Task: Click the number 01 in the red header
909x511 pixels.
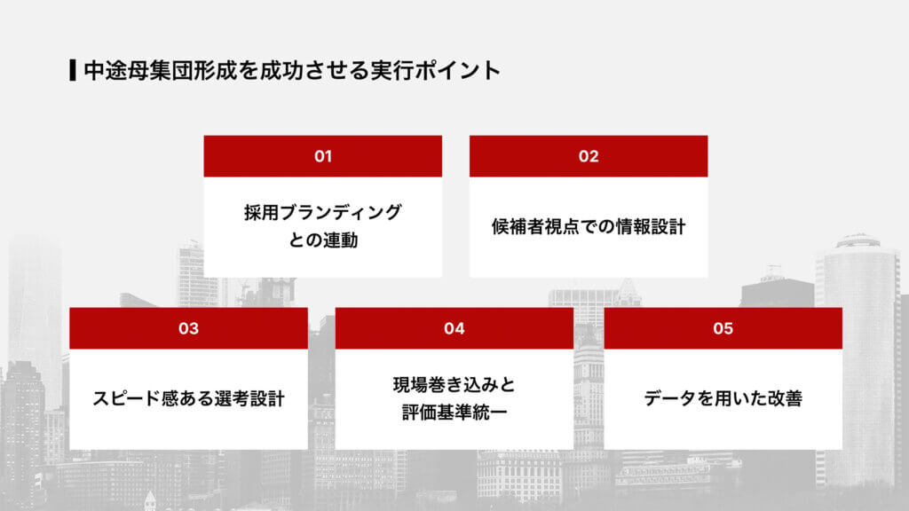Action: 323,156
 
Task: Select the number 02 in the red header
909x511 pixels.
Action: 589,156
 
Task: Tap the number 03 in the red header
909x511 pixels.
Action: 188,328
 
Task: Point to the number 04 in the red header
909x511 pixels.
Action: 454,328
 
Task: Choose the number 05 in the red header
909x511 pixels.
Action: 723,328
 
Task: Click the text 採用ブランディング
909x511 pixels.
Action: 323,213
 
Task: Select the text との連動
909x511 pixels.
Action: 323,240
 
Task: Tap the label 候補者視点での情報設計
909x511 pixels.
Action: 589,226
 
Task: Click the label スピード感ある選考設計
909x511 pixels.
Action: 188,398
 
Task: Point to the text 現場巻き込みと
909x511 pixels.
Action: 454,385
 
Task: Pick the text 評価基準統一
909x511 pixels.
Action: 454,412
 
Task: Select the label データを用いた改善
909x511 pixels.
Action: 723,398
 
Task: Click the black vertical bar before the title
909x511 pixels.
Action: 72,70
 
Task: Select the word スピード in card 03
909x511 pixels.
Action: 123,398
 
